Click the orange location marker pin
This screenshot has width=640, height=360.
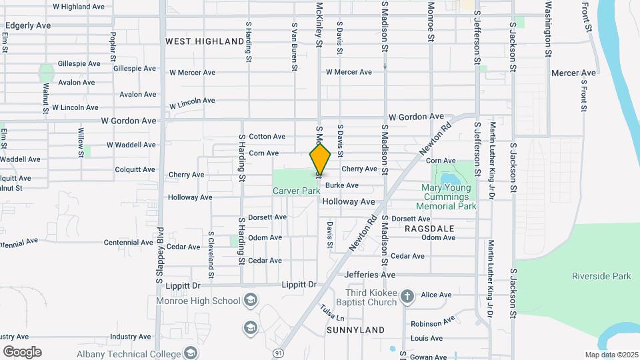tap(321, 159)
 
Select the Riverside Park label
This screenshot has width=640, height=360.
tap(601, 276)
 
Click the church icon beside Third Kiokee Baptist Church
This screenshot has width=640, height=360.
tap(408, 295)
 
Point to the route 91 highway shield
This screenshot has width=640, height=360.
tap(277, 351)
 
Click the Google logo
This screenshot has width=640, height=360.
tap(22, 351)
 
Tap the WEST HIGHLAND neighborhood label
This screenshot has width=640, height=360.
tap(205, 41)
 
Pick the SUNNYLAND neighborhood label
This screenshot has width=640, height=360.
tap(356, 330)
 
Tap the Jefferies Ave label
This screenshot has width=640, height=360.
tap(370, 275)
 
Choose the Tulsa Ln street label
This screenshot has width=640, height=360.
tap(331, 311)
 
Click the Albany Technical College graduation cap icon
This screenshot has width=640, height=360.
tap(191, 353)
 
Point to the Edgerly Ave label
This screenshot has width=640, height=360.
tap(27, 25)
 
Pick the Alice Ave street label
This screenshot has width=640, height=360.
tap(436, 295)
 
